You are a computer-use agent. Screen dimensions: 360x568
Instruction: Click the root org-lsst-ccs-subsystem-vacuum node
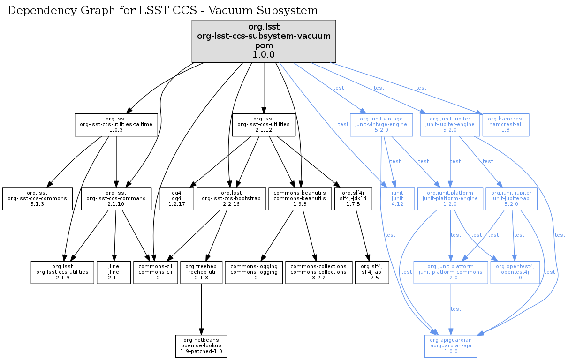264,41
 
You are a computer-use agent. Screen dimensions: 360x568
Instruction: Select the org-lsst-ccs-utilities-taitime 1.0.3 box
116,125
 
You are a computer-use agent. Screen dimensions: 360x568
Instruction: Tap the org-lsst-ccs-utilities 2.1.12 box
264,125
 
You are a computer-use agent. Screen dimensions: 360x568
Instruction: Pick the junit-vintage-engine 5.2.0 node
381,125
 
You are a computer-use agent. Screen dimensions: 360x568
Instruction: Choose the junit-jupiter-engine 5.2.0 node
450,125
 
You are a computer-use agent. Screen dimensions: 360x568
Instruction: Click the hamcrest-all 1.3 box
506,125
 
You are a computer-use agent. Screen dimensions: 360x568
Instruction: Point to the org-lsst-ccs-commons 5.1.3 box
38,199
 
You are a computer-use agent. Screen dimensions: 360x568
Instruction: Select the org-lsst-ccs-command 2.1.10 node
116,199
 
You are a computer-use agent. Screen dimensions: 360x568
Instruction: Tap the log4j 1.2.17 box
177,199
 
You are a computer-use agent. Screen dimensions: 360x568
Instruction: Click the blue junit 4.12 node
394,199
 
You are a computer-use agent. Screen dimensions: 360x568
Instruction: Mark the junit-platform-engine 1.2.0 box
450,199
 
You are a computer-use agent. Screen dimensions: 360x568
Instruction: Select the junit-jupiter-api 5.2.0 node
512,199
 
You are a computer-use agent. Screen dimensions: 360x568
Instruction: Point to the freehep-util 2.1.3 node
201,273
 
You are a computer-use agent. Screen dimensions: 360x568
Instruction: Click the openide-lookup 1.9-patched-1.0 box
201,346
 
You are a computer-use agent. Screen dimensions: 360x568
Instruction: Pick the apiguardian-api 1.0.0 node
451,346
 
